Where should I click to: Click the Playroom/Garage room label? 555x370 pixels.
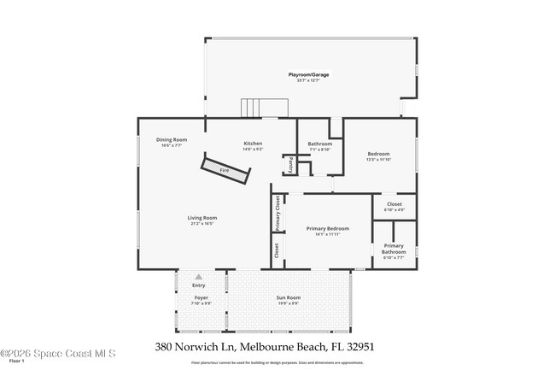click(x=308, y=74)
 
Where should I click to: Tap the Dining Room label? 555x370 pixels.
click(x=171, y=140)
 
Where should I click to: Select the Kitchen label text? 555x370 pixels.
click(x=253, y=144)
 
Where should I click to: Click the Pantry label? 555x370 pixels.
click(x=290, y=165)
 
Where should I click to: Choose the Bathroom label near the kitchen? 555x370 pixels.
click(x=319, y=144)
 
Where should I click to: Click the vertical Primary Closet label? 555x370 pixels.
click(x=277, y=213)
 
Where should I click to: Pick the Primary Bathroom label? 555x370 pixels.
click(x=394, y=249)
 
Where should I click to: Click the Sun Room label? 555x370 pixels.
click(x=288, y=298)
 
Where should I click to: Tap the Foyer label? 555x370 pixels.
click(x=201, y=298)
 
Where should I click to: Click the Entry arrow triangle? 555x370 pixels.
click(x=199, y=277)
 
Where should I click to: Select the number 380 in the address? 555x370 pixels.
click(x=166, y=348)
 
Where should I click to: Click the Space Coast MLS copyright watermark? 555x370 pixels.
click(x=57, y=353)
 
